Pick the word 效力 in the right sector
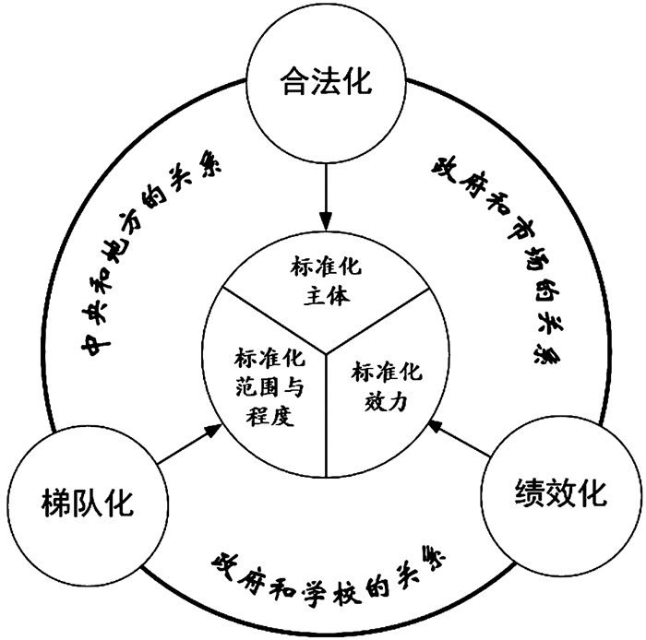pyautogui.click(x=387, y=402)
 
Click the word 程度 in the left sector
pyautogui.click(x=264, y=416)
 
